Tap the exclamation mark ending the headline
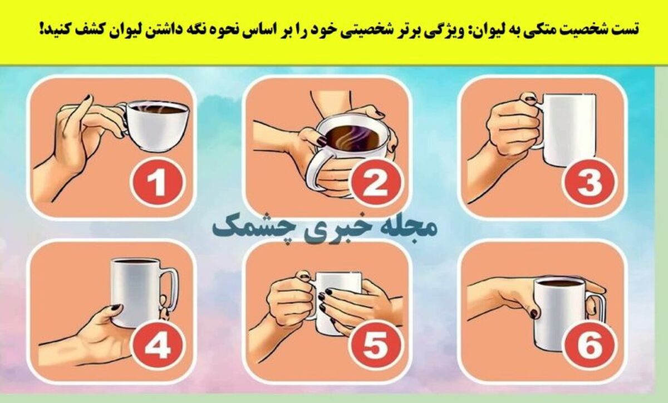pos(41,28)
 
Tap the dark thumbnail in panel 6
pos(534,313)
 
